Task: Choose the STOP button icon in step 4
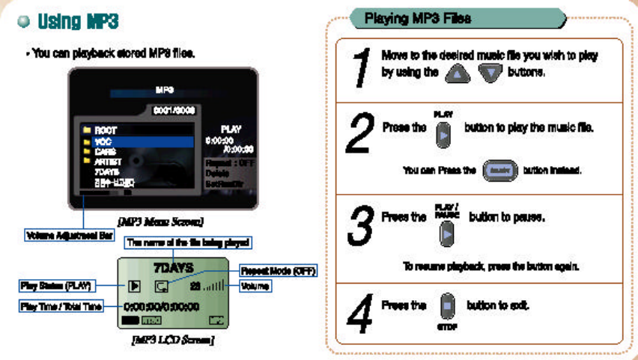click(447, 308)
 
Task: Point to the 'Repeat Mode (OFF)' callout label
click(278, 271)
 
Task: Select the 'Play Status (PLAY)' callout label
click(55, 285)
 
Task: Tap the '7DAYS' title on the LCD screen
click(174, 267)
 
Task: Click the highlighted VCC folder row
click(139, 141)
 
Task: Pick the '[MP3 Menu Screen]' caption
click(161, 222)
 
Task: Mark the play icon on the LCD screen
click(135, 285)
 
